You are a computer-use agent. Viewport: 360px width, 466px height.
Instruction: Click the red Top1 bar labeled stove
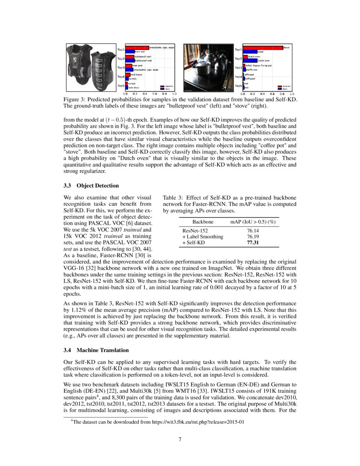[263, 48]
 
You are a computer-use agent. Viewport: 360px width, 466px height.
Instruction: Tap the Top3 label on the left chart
[121, 68]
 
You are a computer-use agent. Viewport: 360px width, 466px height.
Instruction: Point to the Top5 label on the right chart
[238, 86]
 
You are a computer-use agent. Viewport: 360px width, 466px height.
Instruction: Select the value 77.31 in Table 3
[253, 243]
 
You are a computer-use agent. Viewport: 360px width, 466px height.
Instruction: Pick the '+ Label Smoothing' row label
[202, 237]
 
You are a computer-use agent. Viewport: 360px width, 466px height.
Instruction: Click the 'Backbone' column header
[203, 222]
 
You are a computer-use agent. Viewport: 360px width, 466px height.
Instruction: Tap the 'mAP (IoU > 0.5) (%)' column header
[253, 222]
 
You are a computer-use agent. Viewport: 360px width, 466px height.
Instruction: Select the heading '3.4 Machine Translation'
[96, 350]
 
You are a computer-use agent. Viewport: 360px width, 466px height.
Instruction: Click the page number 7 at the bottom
[180, 439]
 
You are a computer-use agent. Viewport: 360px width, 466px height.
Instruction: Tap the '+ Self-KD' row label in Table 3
[194, 243]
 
